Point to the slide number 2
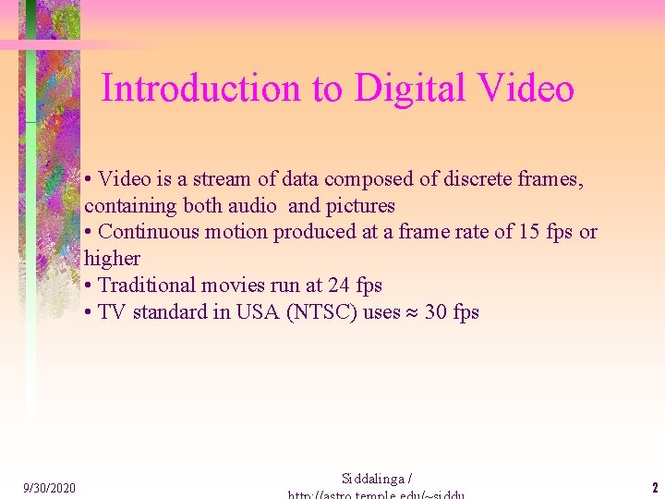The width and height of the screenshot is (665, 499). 654,488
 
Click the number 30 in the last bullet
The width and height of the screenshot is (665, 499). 436,312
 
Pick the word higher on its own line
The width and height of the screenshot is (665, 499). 112,259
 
